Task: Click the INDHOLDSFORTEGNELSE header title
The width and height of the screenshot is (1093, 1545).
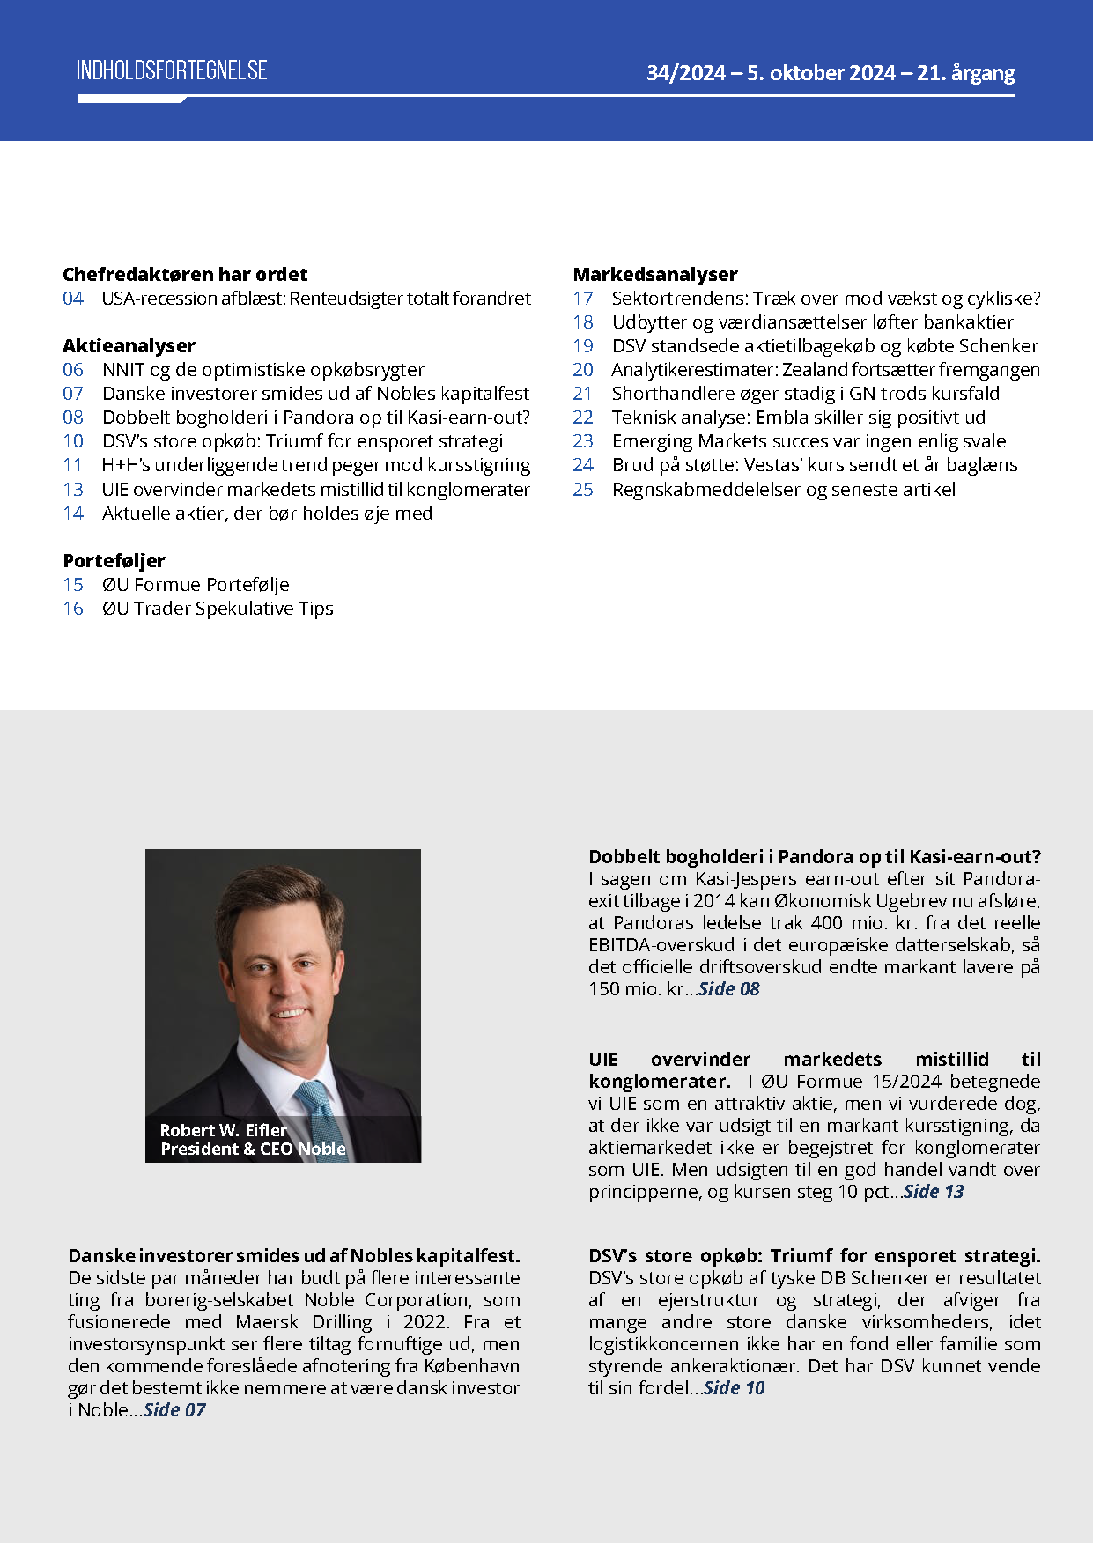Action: click(172, 70)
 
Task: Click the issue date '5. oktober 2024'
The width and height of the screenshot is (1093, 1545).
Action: click(821, 73)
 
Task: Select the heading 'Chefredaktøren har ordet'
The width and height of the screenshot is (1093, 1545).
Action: click(185, 274)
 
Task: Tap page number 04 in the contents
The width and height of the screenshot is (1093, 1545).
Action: click(73, 299)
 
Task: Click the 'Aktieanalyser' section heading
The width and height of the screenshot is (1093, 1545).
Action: click(129, 345)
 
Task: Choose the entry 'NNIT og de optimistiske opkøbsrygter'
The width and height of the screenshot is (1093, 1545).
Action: click(262, 370)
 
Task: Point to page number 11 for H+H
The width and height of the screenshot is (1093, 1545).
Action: click(73, 465)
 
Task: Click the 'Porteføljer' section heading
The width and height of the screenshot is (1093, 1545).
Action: click(114, 560)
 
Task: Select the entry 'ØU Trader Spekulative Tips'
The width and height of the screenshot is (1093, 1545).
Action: click(218, 609)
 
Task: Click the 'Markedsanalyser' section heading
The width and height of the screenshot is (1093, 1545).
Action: click(655, 274)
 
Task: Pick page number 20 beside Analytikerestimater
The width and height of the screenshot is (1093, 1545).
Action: click(583, 370)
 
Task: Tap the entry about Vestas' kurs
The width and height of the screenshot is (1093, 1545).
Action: click(815, 465)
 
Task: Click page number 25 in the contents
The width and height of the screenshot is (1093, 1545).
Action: click(583, 490)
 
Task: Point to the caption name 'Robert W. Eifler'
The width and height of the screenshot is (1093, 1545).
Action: click(224, 1130)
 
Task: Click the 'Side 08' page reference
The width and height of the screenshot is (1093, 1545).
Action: click(729, 989)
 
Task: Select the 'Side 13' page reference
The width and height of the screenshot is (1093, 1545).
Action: click(934, 1192)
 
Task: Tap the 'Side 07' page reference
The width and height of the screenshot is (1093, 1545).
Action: click(174, 1410)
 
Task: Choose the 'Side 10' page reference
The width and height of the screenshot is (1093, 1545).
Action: click(735, 1388)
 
